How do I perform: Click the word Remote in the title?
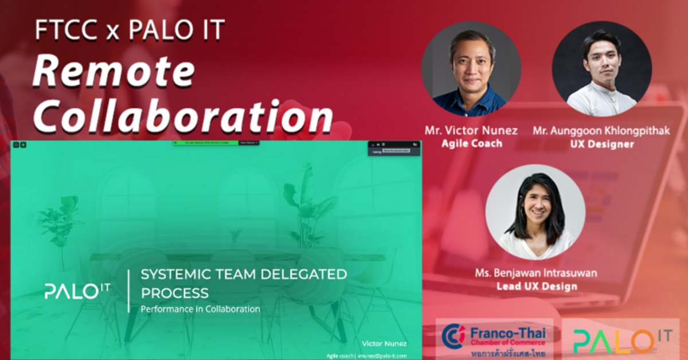click(114, 72)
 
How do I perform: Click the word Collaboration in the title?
click(183, 116)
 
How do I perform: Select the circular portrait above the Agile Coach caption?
click(471, 69)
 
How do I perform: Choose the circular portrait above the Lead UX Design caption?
click(535, 212)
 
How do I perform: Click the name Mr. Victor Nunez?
click(471, 131)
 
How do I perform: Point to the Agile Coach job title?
click(471, 144)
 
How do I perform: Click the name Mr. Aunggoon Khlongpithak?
click(601, 131)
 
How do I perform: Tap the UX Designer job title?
click(601, 144)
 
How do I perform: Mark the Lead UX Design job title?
click(536, 286)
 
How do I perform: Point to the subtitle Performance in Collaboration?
click(201, 309)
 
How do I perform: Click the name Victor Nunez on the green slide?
click(384, 343)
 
